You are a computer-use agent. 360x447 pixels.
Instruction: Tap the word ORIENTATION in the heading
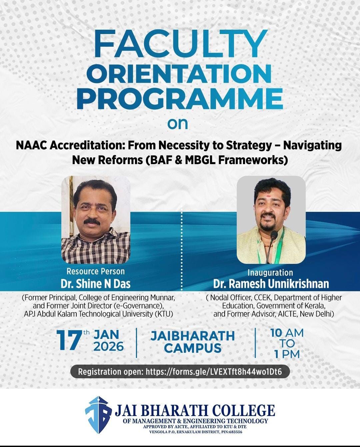click(179, 74)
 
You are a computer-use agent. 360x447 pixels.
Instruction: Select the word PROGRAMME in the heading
click(180, 98)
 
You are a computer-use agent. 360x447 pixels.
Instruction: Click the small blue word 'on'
click(178, 124)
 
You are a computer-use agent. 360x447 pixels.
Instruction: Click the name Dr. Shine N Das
click(96, 284)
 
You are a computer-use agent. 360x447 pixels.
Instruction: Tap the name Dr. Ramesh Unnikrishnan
click(271, 284)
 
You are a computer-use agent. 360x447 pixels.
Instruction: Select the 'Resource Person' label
click(96, 271)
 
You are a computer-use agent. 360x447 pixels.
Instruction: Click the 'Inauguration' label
click(270, 272)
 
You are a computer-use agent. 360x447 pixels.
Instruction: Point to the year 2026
click(109, 346)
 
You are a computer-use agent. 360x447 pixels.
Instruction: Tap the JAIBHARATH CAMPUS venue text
click(192, 342)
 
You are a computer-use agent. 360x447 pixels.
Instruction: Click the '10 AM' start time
click(287, 333)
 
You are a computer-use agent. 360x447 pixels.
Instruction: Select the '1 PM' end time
click(287, 354)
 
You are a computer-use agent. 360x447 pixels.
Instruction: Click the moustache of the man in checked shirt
click(92, 221)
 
